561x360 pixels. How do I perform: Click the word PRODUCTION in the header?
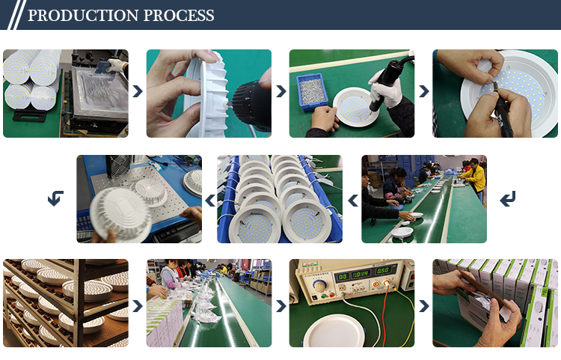click(83, 16)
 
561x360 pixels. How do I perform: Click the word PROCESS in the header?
click(179, 16)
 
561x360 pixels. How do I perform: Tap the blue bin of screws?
click(312, 92)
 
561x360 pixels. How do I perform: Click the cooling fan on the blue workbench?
click(120, 166)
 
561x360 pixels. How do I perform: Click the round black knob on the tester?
click(319, 286)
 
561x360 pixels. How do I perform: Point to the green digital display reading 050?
click(382, 270)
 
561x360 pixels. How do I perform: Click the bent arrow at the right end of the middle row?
click(508, 198)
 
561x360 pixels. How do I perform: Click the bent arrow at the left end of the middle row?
click(55, 198)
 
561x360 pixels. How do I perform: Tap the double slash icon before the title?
click(16, 15)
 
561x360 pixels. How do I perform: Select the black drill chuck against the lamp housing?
click(250, 103)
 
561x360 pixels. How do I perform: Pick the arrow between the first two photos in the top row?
click(138, 91)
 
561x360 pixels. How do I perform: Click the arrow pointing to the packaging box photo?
click(424, 306)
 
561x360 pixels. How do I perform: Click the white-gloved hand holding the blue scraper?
click(117, 65)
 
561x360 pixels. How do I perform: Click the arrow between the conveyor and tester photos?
click(280, 306)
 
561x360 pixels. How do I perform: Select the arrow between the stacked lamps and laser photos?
click(210, 200)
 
